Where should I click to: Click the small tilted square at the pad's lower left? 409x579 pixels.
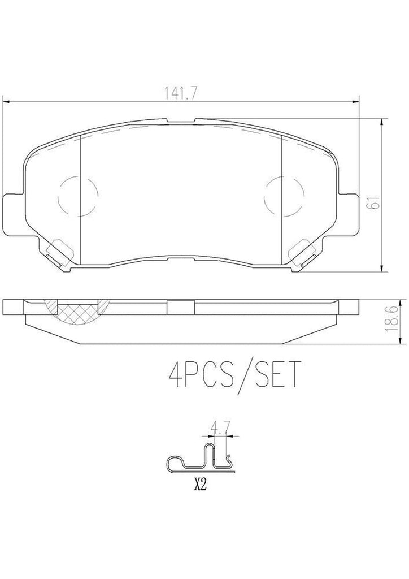click(x=58, y=249)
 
